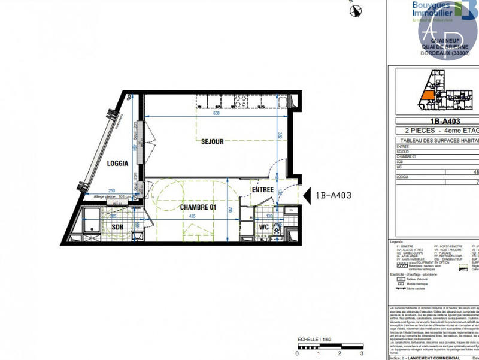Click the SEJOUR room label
pyautogui.click(x=212, y=141)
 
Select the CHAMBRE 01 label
pyautogui.click(x=198, y=207)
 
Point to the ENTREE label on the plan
pyautogui.click(x=262, y=190)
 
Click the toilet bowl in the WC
pyautogui.click(x=277, y=228)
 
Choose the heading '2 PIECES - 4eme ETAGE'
pyautogui.click(x=437, y=130)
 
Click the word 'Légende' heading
pyautogui.click(x=396, y=241)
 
